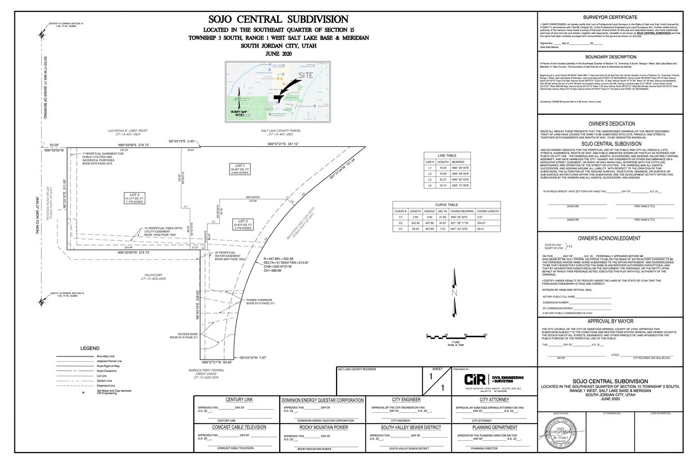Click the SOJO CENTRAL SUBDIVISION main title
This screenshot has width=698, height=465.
(278, 20)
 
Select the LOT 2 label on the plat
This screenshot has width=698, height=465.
(242, 221)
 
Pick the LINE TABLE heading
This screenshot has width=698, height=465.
(447, 155)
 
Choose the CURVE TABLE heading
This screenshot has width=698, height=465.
(447, 204)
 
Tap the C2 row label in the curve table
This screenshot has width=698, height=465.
(401, 223)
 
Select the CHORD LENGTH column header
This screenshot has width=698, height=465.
(488, 211)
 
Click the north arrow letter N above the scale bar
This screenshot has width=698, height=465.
(454, 293)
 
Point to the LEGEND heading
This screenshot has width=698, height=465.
(90, 348)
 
